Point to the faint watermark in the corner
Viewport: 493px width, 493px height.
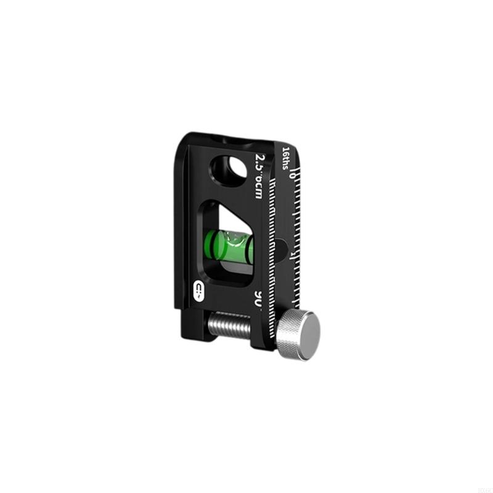[x=483, y=486]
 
